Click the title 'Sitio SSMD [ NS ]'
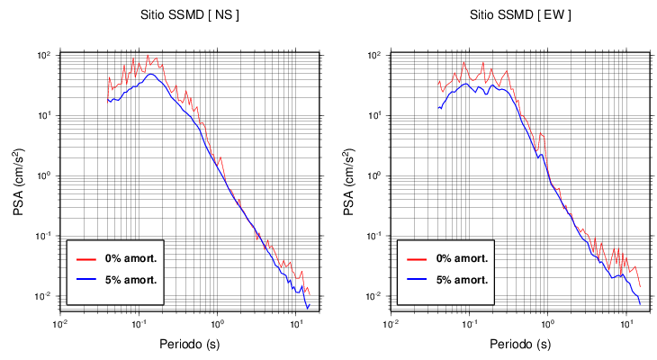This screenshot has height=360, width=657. (190, 15)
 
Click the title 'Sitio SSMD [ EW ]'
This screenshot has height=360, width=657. (520, 15)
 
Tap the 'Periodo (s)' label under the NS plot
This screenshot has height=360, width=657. (190, 344)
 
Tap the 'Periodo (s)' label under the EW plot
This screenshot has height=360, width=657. (520, 344)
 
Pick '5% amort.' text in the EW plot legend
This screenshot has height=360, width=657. (462, 279)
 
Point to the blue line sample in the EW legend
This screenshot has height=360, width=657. (415, 279)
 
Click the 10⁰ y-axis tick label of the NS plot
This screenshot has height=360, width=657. (47, 175)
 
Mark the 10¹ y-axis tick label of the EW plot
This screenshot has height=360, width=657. (377, 115)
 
